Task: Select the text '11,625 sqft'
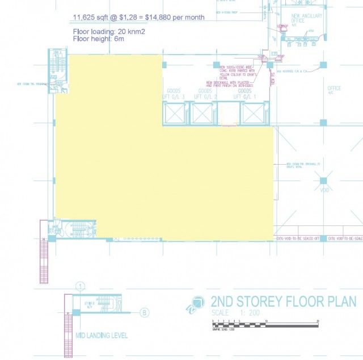tap(90, 18)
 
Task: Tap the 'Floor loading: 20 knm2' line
tap(109, 31)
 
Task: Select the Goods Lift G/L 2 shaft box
tap(204, 114)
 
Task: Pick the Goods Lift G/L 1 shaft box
tap(252, 114)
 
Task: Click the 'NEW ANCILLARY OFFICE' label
tap(306, 19)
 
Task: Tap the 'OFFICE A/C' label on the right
tap(334, 90)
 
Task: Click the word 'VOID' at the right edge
tap(324, 190)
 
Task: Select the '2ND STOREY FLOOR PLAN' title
tap(283, 302)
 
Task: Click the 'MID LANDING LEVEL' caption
tap(102, 336)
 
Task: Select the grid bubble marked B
tap(145, 312)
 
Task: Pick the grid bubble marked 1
tap(81, 286)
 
